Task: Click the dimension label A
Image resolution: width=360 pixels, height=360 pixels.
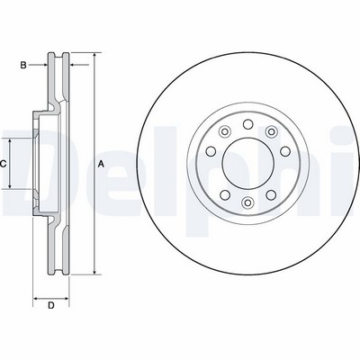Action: click(102, 164)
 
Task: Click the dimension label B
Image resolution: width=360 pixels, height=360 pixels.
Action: click(23, 65)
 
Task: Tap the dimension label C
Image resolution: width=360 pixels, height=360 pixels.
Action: click(3, 164)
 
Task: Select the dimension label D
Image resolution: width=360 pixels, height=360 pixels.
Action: click(51, 306)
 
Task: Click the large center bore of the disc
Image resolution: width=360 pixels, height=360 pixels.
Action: click(247, 164)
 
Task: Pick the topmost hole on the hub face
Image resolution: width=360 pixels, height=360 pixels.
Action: click(247, 124)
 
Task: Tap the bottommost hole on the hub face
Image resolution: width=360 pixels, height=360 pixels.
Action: click(247, 202)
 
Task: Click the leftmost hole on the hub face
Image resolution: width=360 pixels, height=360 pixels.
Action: click(211, 151)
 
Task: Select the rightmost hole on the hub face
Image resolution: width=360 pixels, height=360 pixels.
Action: click(285, 151)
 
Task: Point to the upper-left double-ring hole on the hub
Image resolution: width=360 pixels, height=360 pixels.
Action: click(225, 131)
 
